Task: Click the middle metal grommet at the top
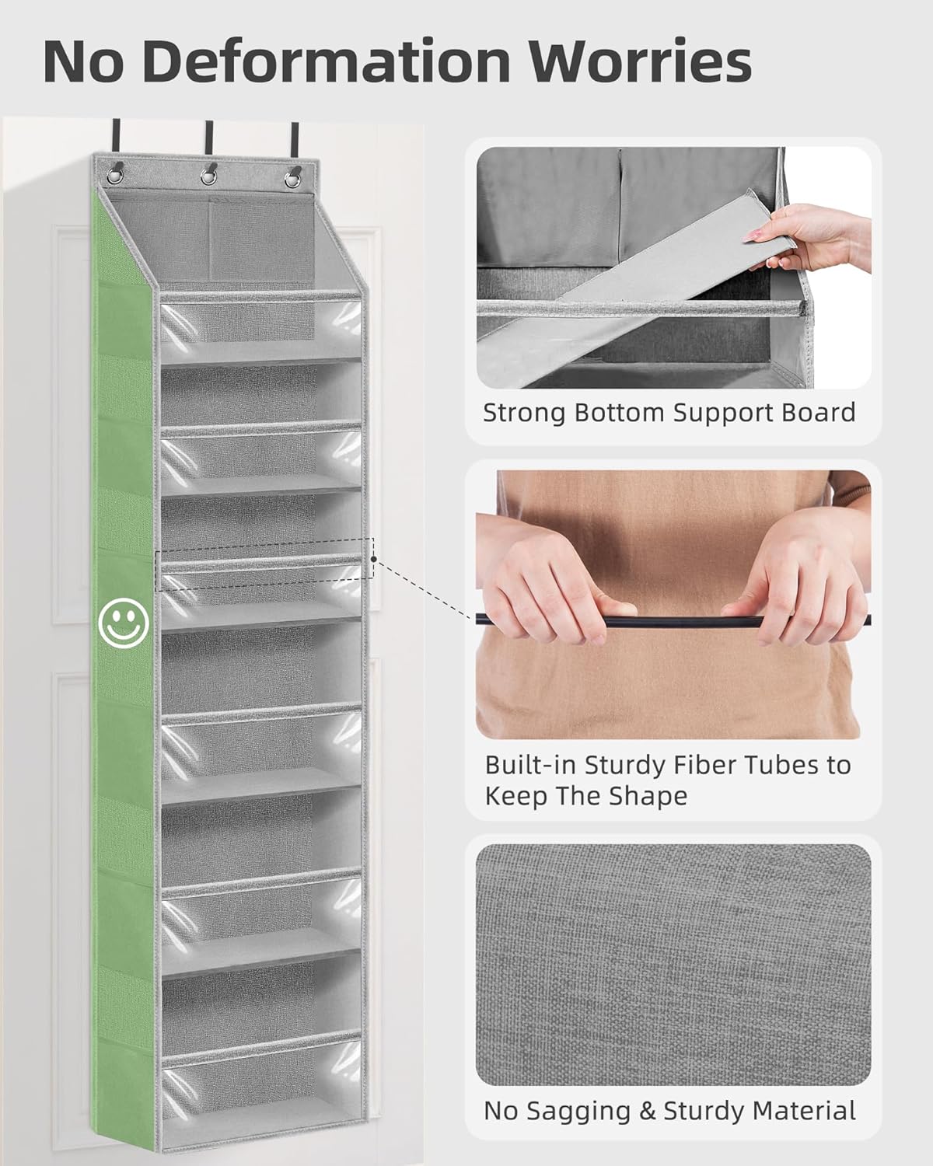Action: pyautogui.click(x=208, y=176)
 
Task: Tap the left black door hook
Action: pyautogui.click(x=119, y=136)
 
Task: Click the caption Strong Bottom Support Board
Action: pyautogui.click(x=669, y=413)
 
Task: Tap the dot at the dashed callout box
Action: pyautogui.click(x=374, y=558)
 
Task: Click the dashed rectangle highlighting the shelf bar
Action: pyautogui.click(x=264, y=558)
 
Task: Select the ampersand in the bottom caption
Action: pyautogui.click(x=648, y=1111)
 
